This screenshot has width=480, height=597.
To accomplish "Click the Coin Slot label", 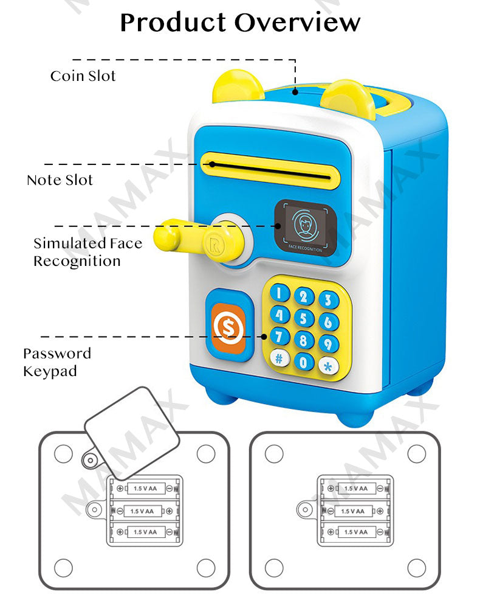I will [83, 76].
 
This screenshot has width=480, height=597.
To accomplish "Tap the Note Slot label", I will [60, 180].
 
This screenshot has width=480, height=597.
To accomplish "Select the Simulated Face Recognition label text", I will [87, 252].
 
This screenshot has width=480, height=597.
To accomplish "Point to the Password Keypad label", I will [57, 362].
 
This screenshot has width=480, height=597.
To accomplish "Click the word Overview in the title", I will [297, 23].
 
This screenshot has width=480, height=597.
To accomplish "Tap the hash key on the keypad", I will [279, 358].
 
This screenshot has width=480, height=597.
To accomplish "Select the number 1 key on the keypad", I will [280, 293].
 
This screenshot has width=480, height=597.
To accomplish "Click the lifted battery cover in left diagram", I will [131, 433].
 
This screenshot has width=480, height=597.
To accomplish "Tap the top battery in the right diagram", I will [355, 488].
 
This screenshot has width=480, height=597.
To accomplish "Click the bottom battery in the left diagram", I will [145, 532].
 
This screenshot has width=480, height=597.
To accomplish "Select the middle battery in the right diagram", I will [355, 511].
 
